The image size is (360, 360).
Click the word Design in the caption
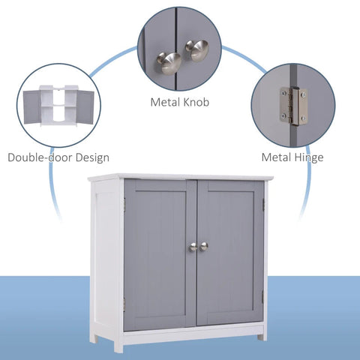[x=91, y=157]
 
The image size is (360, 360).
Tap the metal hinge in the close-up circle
[x=293, y=105]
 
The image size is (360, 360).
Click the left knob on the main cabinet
[x=191, y=247]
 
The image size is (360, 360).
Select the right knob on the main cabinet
[x=203, y=246]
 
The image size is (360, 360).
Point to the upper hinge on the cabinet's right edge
[x=265, y=204]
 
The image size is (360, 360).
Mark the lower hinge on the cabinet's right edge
[x=263, y=297]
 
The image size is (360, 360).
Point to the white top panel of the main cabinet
[x=180, y=177]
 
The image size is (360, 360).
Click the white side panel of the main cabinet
[x=107, y=255]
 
